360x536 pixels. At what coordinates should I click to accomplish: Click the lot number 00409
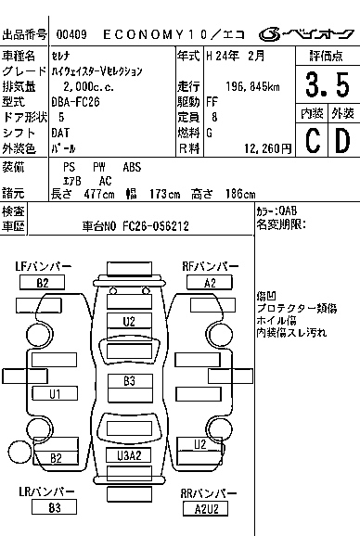(71, 34)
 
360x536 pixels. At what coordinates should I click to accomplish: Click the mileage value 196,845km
(229, 87)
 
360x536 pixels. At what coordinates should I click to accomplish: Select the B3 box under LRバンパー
(55, 507)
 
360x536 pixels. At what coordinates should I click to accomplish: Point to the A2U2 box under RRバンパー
(205, 507)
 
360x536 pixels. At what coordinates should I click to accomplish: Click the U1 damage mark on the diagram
(56, 394)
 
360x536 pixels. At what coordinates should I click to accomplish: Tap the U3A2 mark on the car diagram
(129, 455)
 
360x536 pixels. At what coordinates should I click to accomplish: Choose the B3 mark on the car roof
(129, 381)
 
